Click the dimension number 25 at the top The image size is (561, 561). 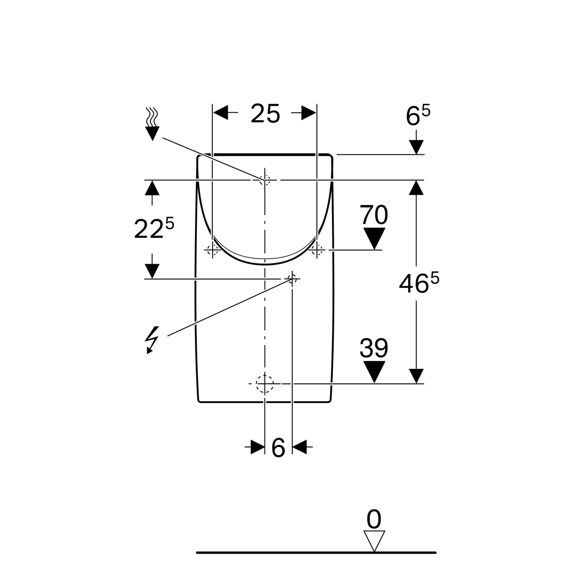(x=265, y=114)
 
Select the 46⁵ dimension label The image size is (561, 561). (x=418, y=283)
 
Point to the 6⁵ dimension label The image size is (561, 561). (x=418, y=115)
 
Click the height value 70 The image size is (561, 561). (x=374, y=215)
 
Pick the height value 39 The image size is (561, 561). (x=374, y=348)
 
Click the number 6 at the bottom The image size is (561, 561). (x=278, y=448)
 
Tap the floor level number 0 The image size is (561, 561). (x=374, y=519)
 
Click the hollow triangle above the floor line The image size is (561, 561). (x=374, y=541)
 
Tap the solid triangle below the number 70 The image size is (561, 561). (x=374, y=238)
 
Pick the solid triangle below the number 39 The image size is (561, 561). (x=374, y=372)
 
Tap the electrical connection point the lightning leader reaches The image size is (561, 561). (x=292, y=279)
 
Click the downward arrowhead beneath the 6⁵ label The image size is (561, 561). (x=416, y=147)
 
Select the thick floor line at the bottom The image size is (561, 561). (x=316, y=552)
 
